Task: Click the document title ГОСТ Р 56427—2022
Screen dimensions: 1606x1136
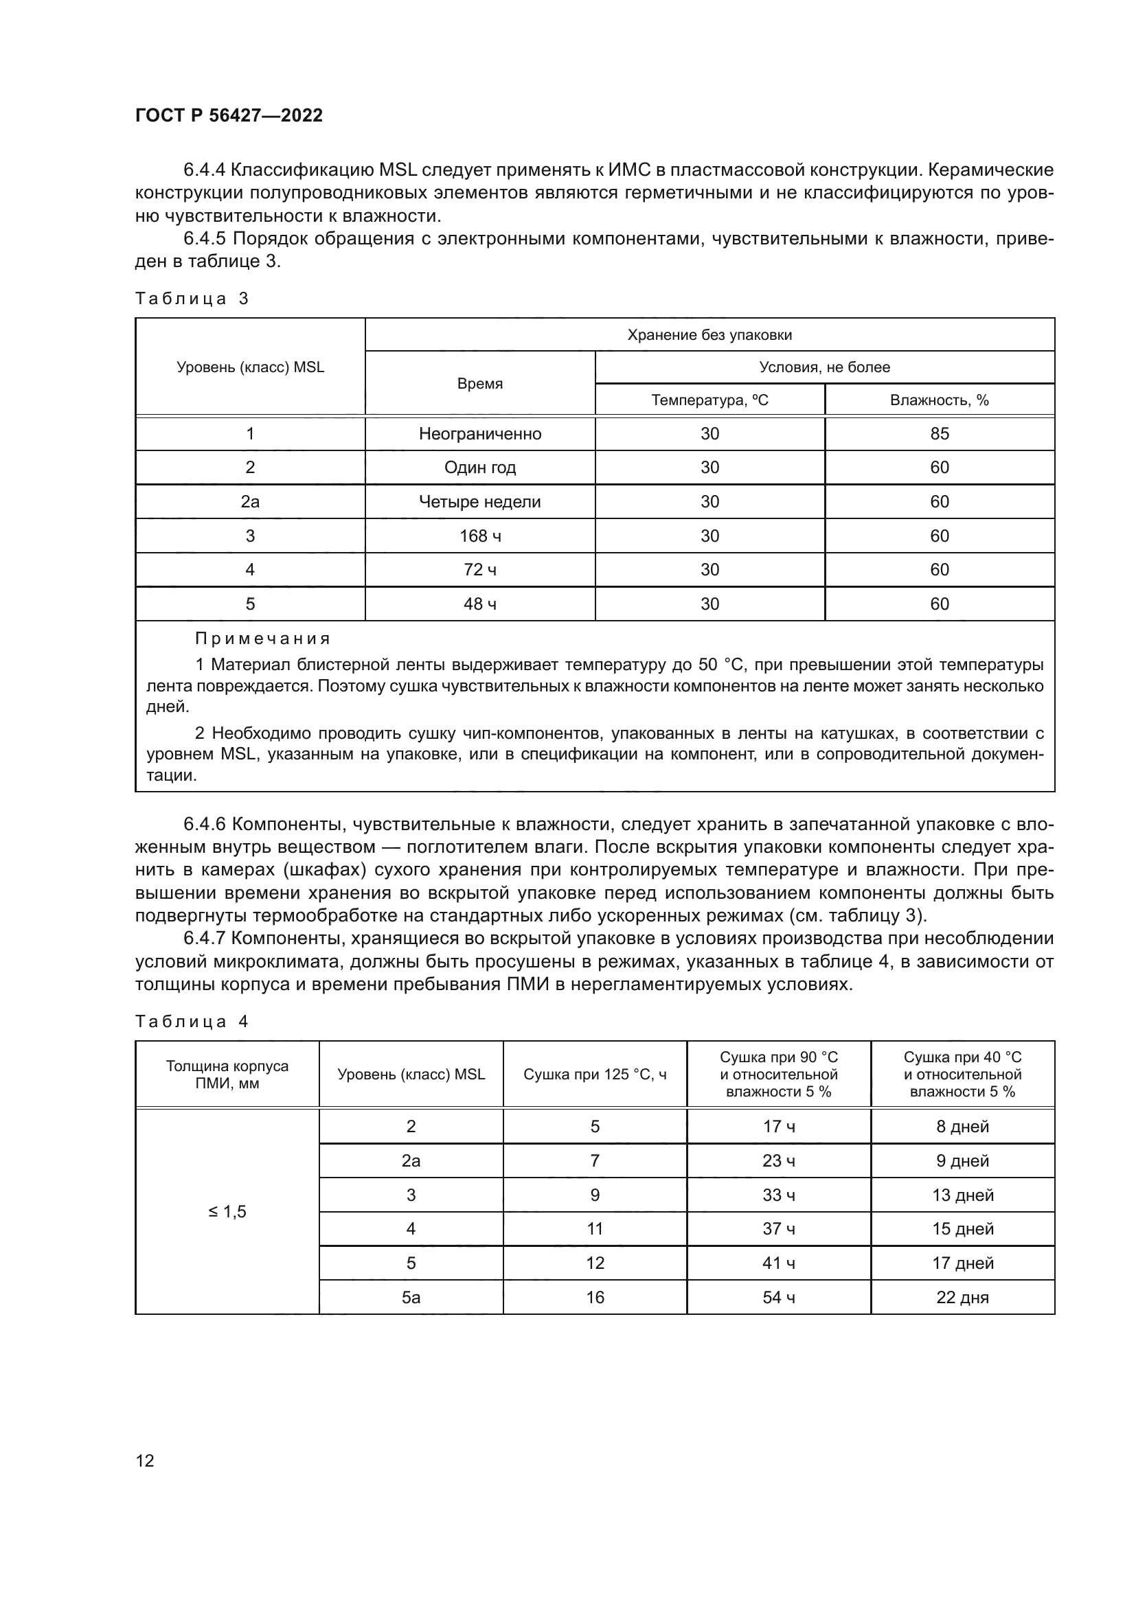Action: (x=229, y=115)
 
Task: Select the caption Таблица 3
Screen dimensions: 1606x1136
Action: (x=192, y=299)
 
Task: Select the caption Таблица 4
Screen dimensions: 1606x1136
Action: (x=192, y=1022)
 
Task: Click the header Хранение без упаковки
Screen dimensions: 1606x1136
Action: (x=709, y=334)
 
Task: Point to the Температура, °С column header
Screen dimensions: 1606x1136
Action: (x=709, y=400)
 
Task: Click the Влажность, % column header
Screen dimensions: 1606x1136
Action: (x=939, y=400)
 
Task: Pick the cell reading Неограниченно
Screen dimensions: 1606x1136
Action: (x=480, y=434)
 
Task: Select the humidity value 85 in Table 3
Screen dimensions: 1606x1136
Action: (x=939, y=434)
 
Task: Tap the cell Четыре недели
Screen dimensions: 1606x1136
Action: (x=480, y=501)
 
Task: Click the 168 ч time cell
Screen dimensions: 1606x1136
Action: (x=480, y=536)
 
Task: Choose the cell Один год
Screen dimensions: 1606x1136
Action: (x=480, y=468)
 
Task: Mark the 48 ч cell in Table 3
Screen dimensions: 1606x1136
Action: (x=480, y=604)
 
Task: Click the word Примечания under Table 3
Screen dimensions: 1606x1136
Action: (x=262, y=639)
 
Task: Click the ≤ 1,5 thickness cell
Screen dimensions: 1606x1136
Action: (x=227, y=1212)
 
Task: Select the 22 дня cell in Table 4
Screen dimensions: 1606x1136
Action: (x=962, y=1298)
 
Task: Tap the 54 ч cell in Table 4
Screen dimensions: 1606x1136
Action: (x=779, y=1298)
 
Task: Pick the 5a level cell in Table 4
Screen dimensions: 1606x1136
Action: (x=411, y=1298)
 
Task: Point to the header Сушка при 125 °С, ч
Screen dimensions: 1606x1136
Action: (x=595, y=1075)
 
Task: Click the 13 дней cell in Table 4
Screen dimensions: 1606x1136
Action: (x=962, y=1195)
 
